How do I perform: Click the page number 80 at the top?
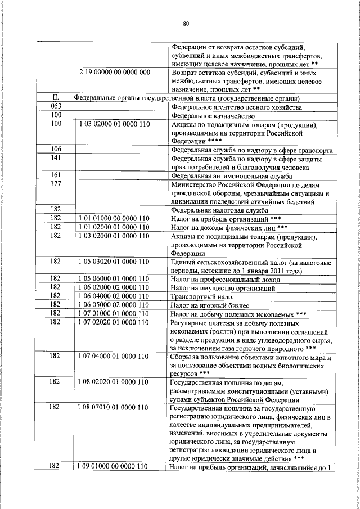[186, 23]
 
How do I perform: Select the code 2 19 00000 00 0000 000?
[114, 73]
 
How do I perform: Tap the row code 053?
[56, 107]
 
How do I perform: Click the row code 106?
[56, 150]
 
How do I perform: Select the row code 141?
[56, 159]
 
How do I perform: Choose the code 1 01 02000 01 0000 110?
[114, 227]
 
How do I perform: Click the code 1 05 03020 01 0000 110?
[114, 262]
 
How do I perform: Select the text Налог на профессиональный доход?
[223, 279]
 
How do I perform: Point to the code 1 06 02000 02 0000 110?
[114, 287]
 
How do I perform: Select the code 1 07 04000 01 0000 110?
[114, 356]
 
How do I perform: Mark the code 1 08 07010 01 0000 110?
[114, 407]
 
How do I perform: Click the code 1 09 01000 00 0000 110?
[114, 466]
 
